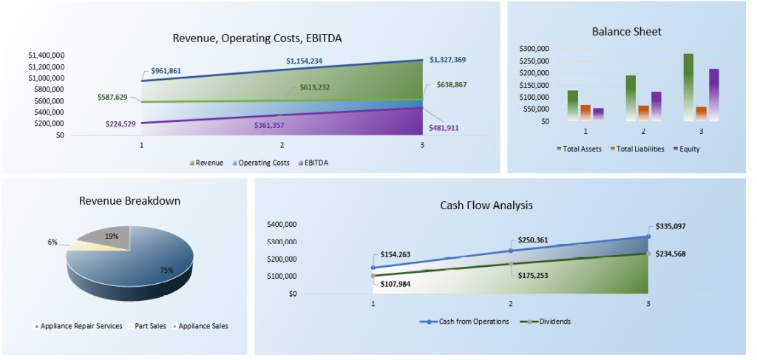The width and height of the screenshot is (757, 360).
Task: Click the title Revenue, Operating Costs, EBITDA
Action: coord(257,38)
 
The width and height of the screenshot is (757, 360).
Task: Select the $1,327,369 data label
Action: coord(446,60)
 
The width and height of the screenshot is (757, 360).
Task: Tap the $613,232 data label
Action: coord(315,87)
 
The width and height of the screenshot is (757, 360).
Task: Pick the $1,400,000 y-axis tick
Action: coord(46,55)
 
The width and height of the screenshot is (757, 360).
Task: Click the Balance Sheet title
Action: coord(626,32)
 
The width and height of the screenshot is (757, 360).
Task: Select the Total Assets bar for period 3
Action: coord(688,86)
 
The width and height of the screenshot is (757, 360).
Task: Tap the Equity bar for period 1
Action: coord(598,115)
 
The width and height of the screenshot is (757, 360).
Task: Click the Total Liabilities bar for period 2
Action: coord(643,113)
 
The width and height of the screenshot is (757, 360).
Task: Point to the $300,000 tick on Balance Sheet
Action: coord(534,49)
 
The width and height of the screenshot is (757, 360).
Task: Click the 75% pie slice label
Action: coord(166,271)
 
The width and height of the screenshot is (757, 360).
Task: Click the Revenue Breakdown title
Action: coord(129,200)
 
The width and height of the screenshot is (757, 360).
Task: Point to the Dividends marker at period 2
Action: coord(511,264)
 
